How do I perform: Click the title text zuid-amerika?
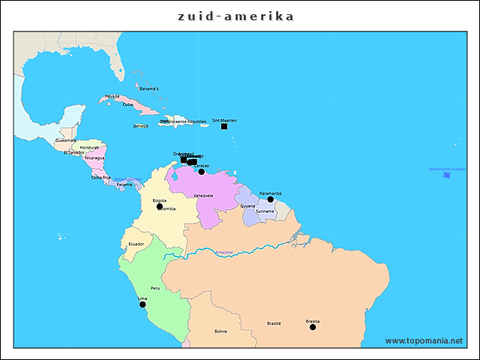pyautogui.click(x=235, y=16)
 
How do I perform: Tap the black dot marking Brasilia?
pyautogui.click(x=313, y=327)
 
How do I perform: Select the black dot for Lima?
pyautogui.click(x=142, y=304)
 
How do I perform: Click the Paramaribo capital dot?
pyautogui.click(x=271, y=199)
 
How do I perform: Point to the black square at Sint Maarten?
pyautogui.click(x=224, y=126)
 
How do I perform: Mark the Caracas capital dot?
pyautogui.click(x=201, y=172)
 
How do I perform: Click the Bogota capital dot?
pyautogui.click(x=160, y=206)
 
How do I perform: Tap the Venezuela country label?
pyautogui.click(x=203, y=195)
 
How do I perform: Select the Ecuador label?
pyautogui.click(x=136, y=244)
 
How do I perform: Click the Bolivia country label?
pyautogui.click(x=220, y=331)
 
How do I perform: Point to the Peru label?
pyautogui.click(x=155, y=288)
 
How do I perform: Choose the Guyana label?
pyautogui.click(x=247, y=205)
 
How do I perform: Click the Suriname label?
pyautogui.click(x=265, y=211)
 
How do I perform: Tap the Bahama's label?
pyautogui.click(x=149, y=88)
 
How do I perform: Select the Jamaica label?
pyautogui.click(x=140, y=126)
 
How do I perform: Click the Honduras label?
pyautogui.click(x=89, y=148)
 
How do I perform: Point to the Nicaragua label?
pyautogui.click(x=94, y=158)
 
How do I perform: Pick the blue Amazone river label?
pyautogui.click(x=224, y=252)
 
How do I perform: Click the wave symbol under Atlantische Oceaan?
pyautogui.click(x=447, y=175)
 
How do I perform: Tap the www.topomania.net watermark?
pyautogui.click(x=424, y=340)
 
